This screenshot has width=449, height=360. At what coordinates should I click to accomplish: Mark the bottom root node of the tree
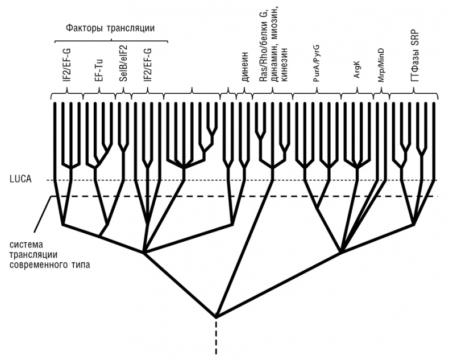(216, 316)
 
